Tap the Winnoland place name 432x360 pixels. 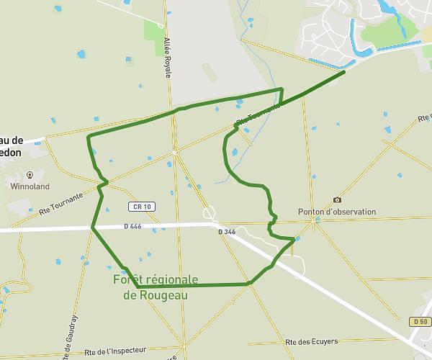click(30, 186)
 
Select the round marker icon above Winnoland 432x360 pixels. click(30, 174)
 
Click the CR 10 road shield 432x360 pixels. click(142, 207)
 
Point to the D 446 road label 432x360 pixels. click(133, 225)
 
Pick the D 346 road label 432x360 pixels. click(226, 232)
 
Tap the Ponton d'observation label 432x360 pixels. click(337, 212)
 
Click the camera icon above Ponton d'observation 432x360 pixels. click(337, 199)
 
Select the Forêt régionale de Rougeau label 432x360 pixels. click(156, 287)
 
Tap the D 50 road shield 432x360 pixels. click(420, 320)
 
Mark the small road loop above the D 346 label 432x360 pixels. click(209, 213)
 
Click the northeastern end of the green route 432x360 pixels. click(344, 71)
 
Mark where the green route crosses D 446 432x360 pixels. click(92, 228)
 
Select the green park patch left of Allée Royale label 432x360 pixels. click(153, 32)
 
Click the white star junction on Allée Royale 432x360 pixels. click(174, 152)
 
